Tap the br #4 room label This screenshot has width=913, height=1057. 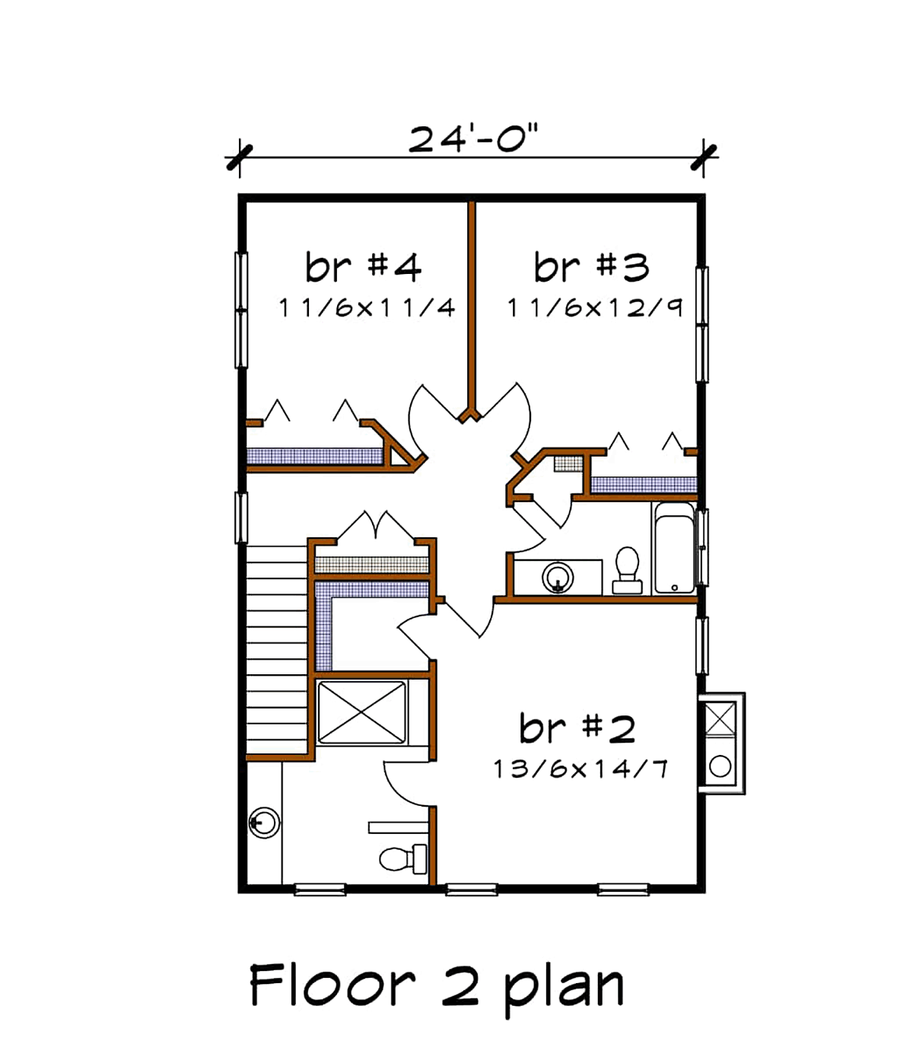click(364, 266)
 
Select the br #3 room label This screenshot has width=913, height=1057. click(591, 266)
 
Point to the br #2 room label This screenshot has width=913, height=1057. click(577, 728)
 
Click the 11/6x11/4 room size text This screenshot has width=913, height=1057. click(367, 308)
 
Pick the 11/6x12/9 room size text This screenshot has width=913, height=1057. click(594, 308)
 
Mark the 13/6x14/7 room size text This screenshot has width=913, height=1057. click(581, 769)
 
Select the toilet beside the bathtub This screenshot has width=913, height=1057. click(627, 570)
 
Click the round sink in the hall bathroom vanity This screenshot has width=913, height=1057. click(558, 578)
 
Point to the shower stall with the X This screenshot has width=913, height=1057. click(362, 712)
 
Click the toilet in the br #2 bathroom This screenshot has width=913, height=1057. click(403, 858)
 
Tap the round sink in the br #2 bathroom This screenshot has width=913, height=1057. click(264, 823)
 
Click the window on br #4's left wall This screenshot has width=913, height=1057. click(241, 310)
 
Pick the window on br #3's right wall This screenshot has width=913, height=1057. click(702, 324)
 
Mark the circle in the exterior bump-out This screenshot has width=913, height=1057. click(721, 767)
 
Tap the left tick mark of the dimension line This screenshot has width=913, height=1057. click(239, 158)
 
